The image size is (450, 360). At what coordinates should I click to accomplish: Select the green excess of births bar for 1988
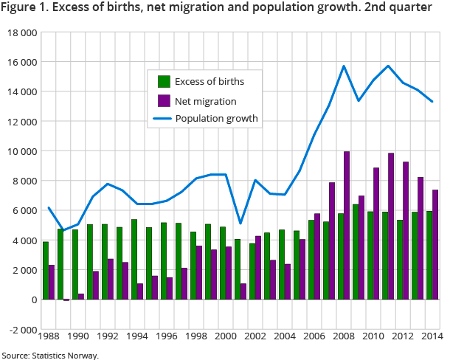(x=45, y=271)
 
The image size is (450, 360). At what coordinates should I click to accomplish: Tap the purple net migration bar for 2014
(x=435, y=245)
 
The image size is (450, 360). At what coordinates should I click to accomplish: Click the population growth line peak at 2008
(x=344, y=66)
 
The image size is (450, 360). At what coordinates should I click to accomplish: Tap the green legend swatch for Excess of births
(x=164, y=81)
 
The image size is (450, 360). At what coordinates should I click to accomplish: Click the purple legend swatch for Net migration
(x=164, y=100)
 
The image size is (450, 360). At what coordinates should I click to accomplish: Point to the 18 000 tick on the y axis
(x=20, y=33)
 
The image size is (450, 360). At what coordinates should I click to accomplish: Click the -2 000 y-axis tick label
(x=20, y=330)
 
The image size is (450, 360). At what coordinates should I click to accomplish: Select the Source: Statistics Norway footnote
(x=50, y=355)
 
